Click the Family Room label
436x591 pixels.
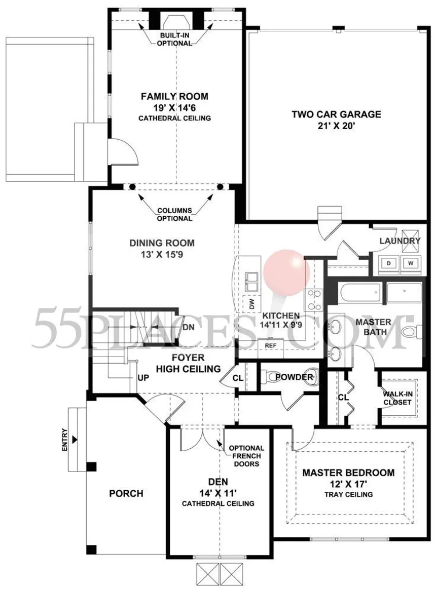click(x=174, y=97)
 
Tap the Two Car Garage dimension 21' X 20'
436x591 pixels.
click(x=337, y=126)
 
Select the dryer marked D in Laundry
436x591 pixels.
click(x=388, y=263)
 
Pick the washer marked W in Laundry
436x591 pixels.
click(x=411, y=263)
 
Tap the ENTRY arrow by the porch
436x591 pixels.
click(x=75, y=439)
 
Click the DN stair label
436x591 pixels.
click(x=189, y=327)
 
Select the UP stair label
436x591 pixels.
click(x=143, y=377)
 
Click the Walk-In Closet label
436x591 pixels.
click(x=397, y=398)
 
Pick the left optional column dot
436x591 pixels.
click(x=132, y=186)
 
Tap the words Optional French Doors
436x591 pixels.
click(x=246, y=456)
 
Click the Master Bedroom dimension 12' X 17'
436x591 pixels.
click(x=348, y=484)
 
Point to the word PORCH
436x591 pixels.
click(x=126, y=493)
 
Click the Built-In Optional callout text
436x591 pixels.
click(x=174, y=39)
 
